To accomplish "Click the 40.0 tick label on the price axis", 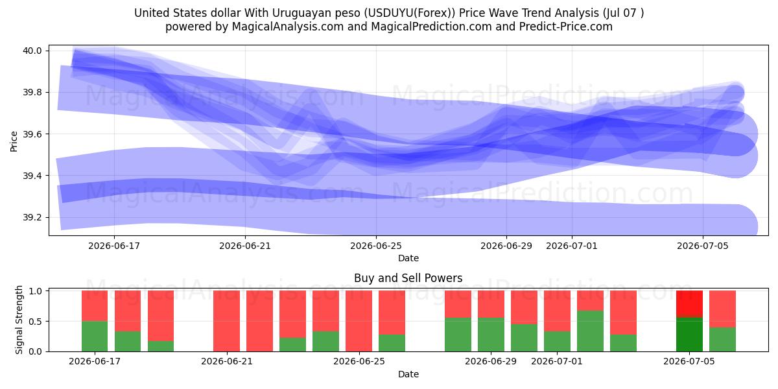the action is point(32,51).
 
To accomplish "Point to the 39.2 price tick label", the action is point(32,217).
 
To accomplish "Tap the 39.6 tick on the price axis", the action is point(32,134).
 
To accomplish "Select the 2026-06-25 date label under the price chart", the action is point(376,246).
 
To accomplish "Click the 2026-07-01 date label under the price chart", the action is point(572,246).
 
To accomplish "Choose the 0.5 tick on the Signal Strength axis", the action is point(35,322).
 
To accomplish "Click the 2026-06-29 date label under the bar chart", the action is point(491,361).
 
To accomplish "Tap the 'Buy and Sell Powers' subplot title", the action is point(408,278).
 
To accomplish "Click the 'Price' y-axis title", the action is point(14,141).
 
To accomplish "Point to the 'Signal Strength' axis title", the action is point(19,320).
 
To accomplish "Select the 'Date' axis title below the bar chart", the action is point(408,374).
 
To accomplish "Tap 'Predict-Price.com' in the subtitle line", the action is point(566,27).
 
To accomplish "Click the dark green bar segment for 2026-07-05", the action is point(689,335).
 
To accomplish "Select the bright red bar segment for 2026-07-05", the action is point(689,304).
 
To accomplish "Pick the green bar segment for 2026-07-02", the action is point(590,331).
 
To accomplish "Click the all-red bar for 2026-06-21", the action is point(226,321).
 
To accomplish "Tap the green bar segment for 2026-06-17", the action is point(95,336).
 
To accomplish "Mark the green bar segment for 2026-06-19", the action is point(161,346).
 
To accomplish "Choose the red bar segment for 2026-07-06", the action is point(722,309).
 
